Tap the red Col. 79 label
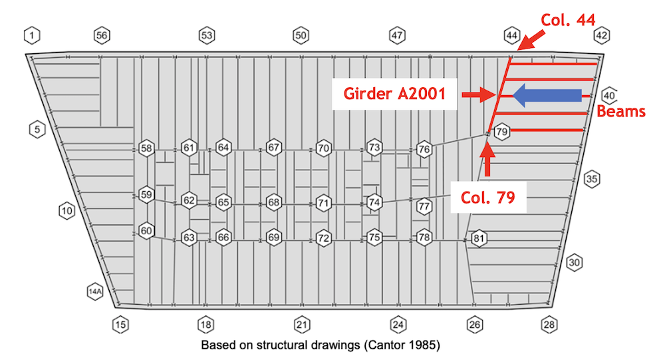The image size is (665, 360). pyautogui.click(x=488, y=197)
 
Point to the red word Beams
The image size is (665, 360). pyautogui.click(x=620, y=111)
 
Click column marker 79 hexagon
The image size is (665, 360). pyautogui.click(x=502, y=132)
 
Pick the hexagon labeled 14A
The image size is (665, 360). pyautogui.click(x=96, y=291)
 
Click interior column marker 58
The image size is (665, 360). pyautogui.click(x=146, y=148)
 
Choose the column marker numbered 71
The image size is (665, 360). pyautogui.click(x=323, y=202)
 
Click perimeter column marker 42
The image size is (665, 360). pyautogui.click(x=601, y=35)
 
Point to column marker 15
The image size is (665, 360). pyautogui.click(x=120, y=325)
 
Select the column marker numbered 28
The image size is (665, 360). pyautogui.click(x=549, y=325)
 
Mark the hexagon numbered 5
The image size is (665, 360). pyautogui.click(x=37, y=130)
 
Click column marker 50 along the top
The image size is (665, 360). pyautogui.click(x=301, y=35)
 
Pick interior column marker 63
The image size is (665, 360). pyautogui.click(x=190, y=238)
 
